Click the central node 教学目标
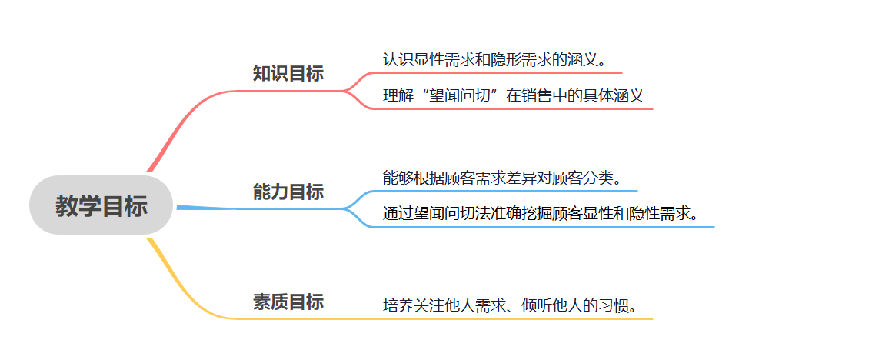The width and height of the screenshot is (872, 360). point(101,205)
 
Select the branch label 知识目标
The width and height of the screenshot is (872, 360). point(288,74)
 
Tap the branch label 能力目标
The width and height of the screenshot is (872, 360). point(288,192)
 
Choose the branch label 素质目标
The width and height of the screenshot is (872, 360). point(288,302)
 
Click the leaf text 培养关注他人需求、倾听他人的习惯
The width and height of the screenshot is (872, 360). point(510,305)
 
